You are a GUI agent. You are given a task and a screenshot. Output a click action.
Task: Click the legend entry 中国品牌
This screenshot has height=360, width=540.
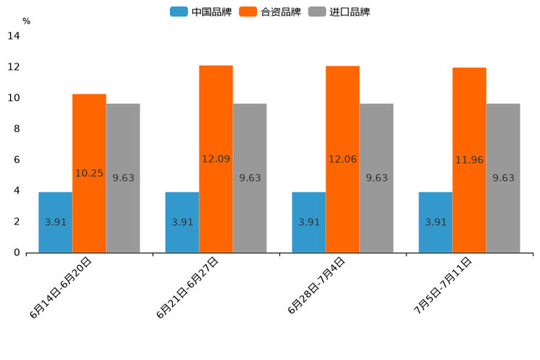(201, 12)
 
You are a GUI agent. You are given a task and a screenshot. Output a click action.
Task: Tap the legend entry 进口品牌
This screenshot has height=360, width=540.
(339, 12)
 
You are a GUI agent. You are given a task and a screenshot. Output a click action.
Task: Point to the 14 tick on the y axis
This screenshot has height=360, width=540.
(14, 36)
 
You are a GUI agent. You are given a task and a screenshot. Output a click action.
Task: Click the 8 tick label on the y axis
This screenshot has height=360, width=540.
(17, 129)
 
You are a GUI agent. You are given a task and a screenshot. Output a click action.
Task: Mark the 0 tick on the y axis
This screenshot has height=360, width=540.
(17, 253)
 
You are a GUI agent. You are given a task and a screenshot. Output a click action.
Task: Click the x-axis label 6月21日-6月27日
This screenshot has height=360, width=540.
(187, 287)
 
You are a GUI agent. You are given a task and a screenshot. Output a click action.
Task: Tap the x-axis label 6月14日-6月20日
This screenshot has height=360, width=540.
(61, 287)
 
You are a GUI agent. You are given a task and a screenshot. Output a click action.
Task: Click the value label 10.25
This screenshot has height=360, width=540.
(89, 173)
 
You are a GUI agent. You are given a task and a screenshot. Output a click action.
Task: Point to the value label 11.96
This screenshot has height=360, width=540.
(470, 160)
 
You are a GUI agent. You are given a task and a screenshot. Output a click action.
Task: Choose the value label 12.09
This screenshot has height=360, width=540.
(216, 159)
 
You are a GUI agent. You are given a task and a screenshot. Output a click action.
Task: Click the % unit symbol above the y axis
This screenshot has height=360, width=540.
(26, 21)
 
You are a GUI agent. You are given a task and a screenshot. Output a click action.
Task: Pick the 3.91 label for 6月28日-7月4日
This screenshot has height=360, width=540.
(309, 222)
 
